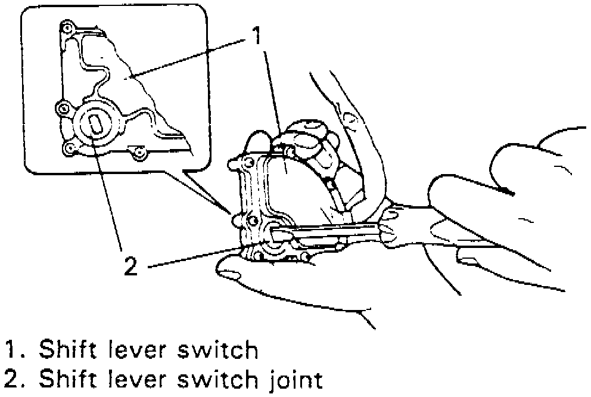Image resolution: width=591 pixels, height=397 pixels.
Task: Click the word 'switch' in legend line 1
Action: (x=220, y=351)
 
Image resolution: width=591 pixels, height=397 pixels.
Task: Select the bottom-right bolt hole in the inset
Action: (x=139, y=154)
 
